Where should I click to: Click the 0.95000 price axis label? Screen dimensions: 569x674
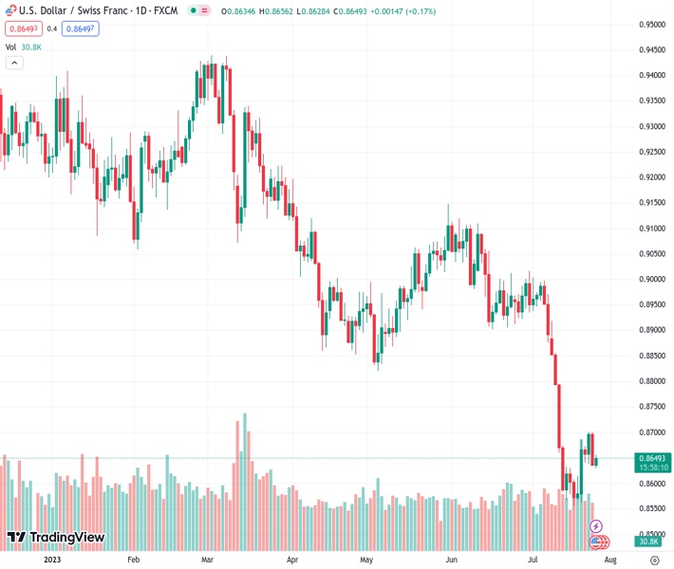pos(650,24)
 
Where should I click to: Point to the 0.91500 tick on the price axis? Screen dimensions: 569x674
pos(650,202)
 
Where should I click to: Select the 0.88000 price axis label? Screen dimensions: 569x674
pos(650,381)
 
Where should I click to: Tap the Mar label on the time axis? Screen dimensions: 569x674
pos(207,560)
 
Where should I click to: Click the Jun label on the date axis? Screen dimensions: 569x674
pos(451,560)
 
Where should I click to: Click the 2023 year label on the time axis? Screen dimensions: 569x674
pos(52,560)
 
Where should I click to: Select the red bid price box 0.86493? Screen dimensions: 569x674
pos(21,28)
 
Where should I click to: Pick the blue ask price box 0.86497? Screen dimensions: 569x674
pos(79,28)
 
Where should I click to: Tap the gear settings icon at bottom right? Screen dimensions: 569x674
pos(655,560)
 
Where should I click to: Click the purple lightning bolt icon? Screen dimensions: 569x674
pos(596,525)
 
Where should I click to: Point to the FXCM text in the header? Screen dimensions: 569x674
pos(168,10)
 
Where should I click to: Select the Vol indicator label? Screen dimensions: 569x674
pos(11,46)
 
